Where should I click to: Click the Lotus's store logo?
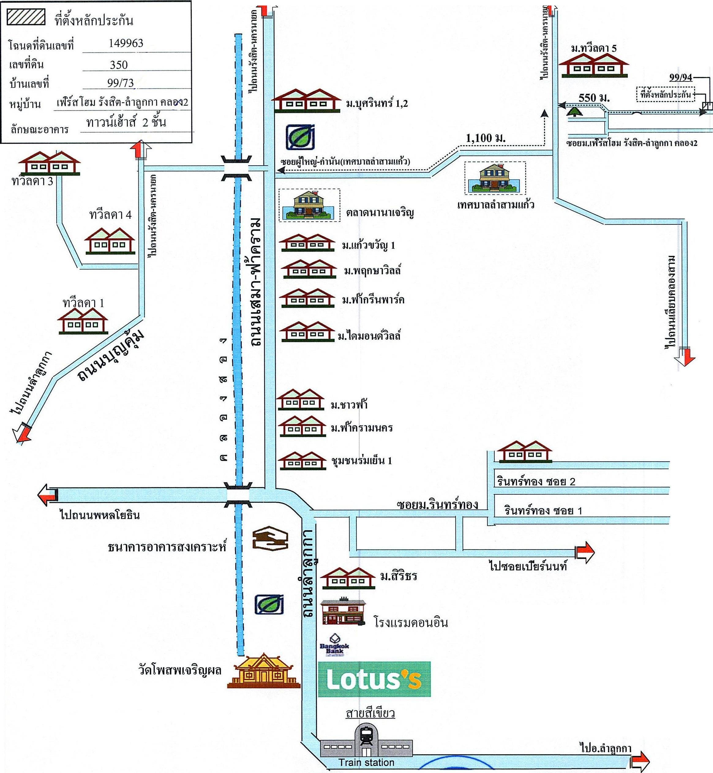point(374,679)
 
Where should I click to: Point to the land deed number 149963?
point(126,43)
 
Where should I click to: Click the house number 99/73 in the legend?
point(120,83)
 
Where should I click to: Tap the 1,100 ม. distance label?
point(485,138)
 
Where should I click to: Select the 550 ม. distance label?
point(594,98)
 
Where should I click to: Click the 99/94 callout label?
point(681,77)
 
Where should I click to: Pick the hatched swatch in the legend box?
point(26,17)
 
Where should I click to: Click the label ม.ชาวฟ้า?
point(349,405)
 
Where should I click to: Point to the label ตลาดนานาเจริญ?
point(380,212)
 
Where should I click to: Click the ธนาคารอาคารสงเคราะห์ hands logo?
point(270,539)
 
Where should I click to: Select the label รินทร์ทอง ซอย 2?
point(536,481)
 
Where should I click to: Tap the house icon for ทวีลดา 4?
point(110,241)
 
